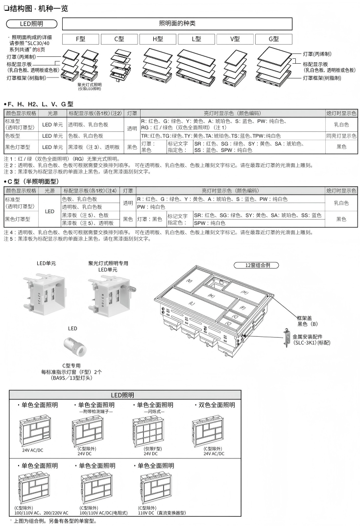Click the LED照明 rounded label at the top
[x=31, y=24]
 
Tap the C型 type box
[x=119, y=39]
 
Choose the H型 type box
[x=158, y=39]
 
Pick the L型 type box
[x=196, y=39]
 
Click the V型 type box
[x=235, y=39]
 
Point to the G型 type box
[x=274, y=39]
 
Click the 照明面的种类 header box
[x=177, y=24]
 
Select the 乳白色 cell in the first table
[x=341, y=125]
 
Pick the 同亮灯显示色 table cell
[x=341, y=136]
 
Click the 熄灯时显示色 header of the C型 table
[x=341, y=191]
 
